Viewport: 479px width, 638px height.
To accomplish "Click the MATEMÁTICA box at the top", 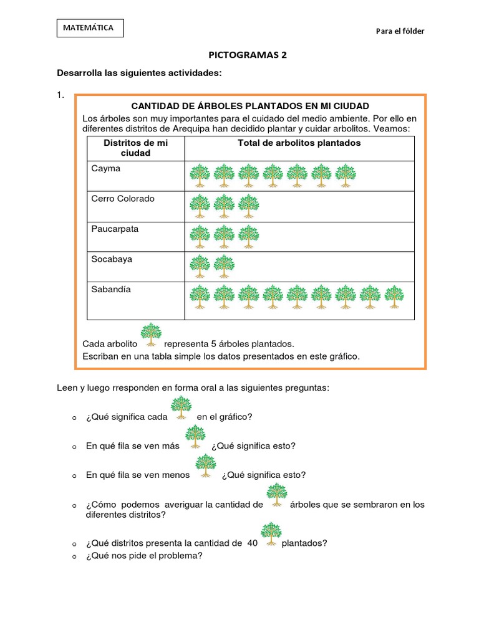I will (90, 28).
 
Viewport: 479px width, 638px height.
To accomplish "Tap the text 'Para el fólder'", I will (400, 31).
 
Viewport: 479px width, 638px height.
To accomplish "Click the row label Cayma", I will (105, 168).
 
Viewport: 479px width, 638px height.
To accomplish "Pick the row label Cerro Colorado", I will (122, 199).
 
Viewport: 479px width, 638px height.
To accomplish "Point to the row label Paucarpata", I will (115, 229).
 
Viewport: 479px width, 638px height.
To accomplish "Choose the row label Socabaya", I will (111, 259).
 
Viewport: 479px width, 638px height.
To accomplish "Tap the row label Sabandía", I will (110, 289).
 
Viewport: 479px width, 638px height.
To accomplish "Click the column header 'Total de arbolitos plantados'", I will (299, 143).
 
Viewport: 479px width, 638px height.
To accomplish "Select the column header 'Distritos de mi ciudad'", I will (135, 148).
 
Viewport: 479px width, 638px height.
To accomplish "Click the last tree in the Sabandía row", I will (394, 297).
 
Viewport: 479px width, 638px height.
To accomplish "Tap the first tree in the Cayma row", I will (200, 176).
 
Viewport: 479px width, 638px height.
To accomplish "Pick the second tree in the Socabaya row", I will (224, 266).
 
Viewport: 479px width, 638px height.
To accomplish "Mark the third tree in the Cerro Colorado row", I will (248, 206).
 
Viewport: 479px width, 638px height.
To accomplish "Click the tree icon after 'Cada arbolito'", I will (151, 335).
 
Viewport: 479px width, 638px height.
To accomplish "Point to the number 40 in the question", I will (252, 543).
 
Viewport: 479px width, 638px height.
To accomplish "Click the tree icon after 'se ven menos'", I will (205, 466).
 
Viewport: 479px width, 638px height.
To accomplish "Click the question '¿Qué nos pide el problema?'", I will (144, 556).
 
